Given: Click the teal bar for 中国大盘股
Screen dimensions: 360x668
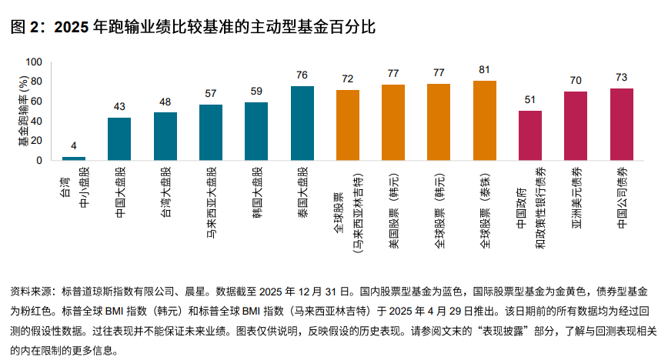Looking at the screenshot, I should [119, 139].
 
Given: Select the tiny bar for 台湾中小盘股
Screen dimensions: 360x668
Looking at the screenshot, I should [74, 158].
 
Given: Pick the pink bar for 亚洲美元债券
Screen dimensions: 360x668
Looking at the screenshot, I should [576, 126].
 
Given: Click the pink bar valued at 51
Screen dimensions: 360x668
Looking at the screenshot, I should [530, 135].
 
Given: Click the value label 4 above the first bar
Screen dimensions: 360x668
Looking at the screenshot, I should [74, 146].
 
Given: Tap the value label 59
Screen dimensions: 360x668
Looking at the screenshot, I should [256, 92].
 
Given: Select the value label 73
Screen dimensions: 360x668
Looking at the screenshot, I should [621, 78].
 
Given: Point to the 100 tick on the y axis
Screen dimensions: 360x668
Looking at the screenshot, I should [34, 62].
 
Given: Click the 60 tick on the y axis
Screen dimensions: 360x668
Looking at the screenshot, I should [37, 102].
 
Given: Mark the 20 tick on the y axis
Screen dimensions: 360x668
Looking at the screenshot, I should [37, 141].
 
